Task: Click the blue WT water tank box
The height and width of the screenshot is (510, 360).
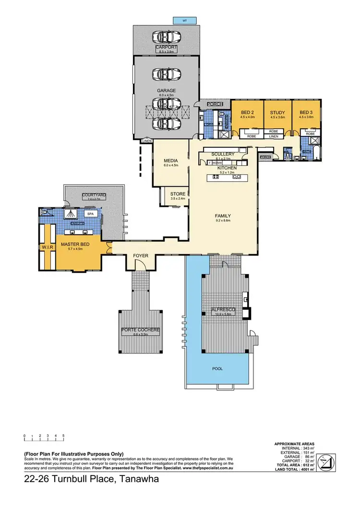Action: (184, 21)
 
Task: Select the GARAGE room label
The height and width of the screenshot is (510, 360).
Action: (167, 90)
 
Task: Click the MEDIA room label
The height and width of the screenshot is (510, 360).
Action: (171, 160)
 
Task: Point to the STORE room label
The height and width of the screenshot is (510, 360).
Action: (178, 194)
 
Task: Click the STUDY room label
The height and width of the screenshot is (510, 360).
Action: (277, 113)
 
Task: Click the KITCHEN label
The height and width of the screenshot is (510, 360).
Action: (227, 168)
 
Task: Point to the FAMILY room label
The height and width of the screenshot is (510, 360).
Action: (223, 216)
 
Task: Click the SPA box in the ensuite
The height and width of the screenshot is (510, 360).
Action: (89, 214)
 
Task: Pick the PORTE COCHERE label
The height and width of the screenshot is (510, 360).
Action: (140, 330)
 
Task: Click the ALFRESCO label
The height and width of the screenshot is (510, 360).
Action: (223, 311)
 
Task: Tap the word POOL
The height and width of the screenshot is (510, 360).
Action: (217, 369)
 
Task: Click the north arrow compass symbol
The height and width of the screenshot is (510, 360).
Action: (329, 461)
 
